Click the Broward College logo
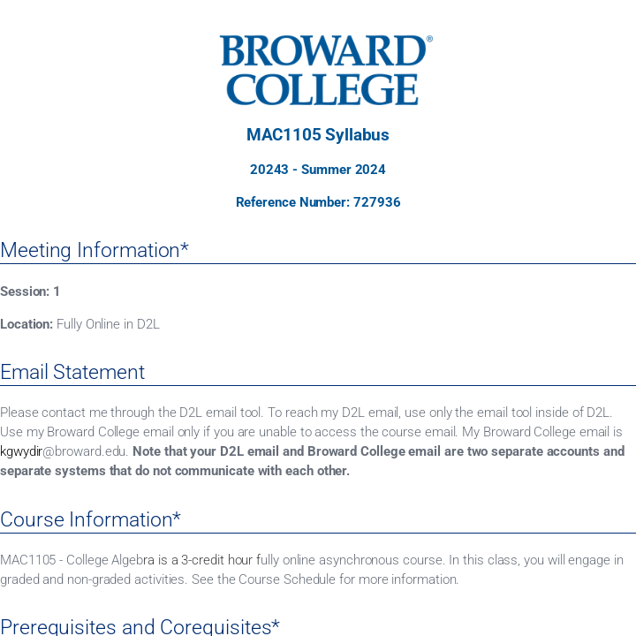[323, 70]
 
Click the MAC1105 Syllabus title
[318, 135]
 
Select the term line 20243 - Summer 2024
[318, 170]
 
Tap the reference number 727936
[376, 202]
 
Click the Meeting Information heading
[95, 250]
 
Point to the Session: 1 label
[30, 291]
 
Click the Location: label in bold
[26, 324]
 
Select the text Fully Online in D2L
[108, 324]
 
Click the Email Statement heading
[72, 372]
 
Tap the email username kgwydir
[21, 451]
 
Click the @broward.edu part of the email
[85, 451]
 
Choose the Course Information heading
[90, 519]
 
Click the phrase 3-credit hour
[216, 560]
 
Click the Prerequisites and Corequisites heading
[140, 627]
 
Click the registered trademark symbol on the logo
[429, 40]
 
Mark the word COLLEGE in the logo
[322, 89]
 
